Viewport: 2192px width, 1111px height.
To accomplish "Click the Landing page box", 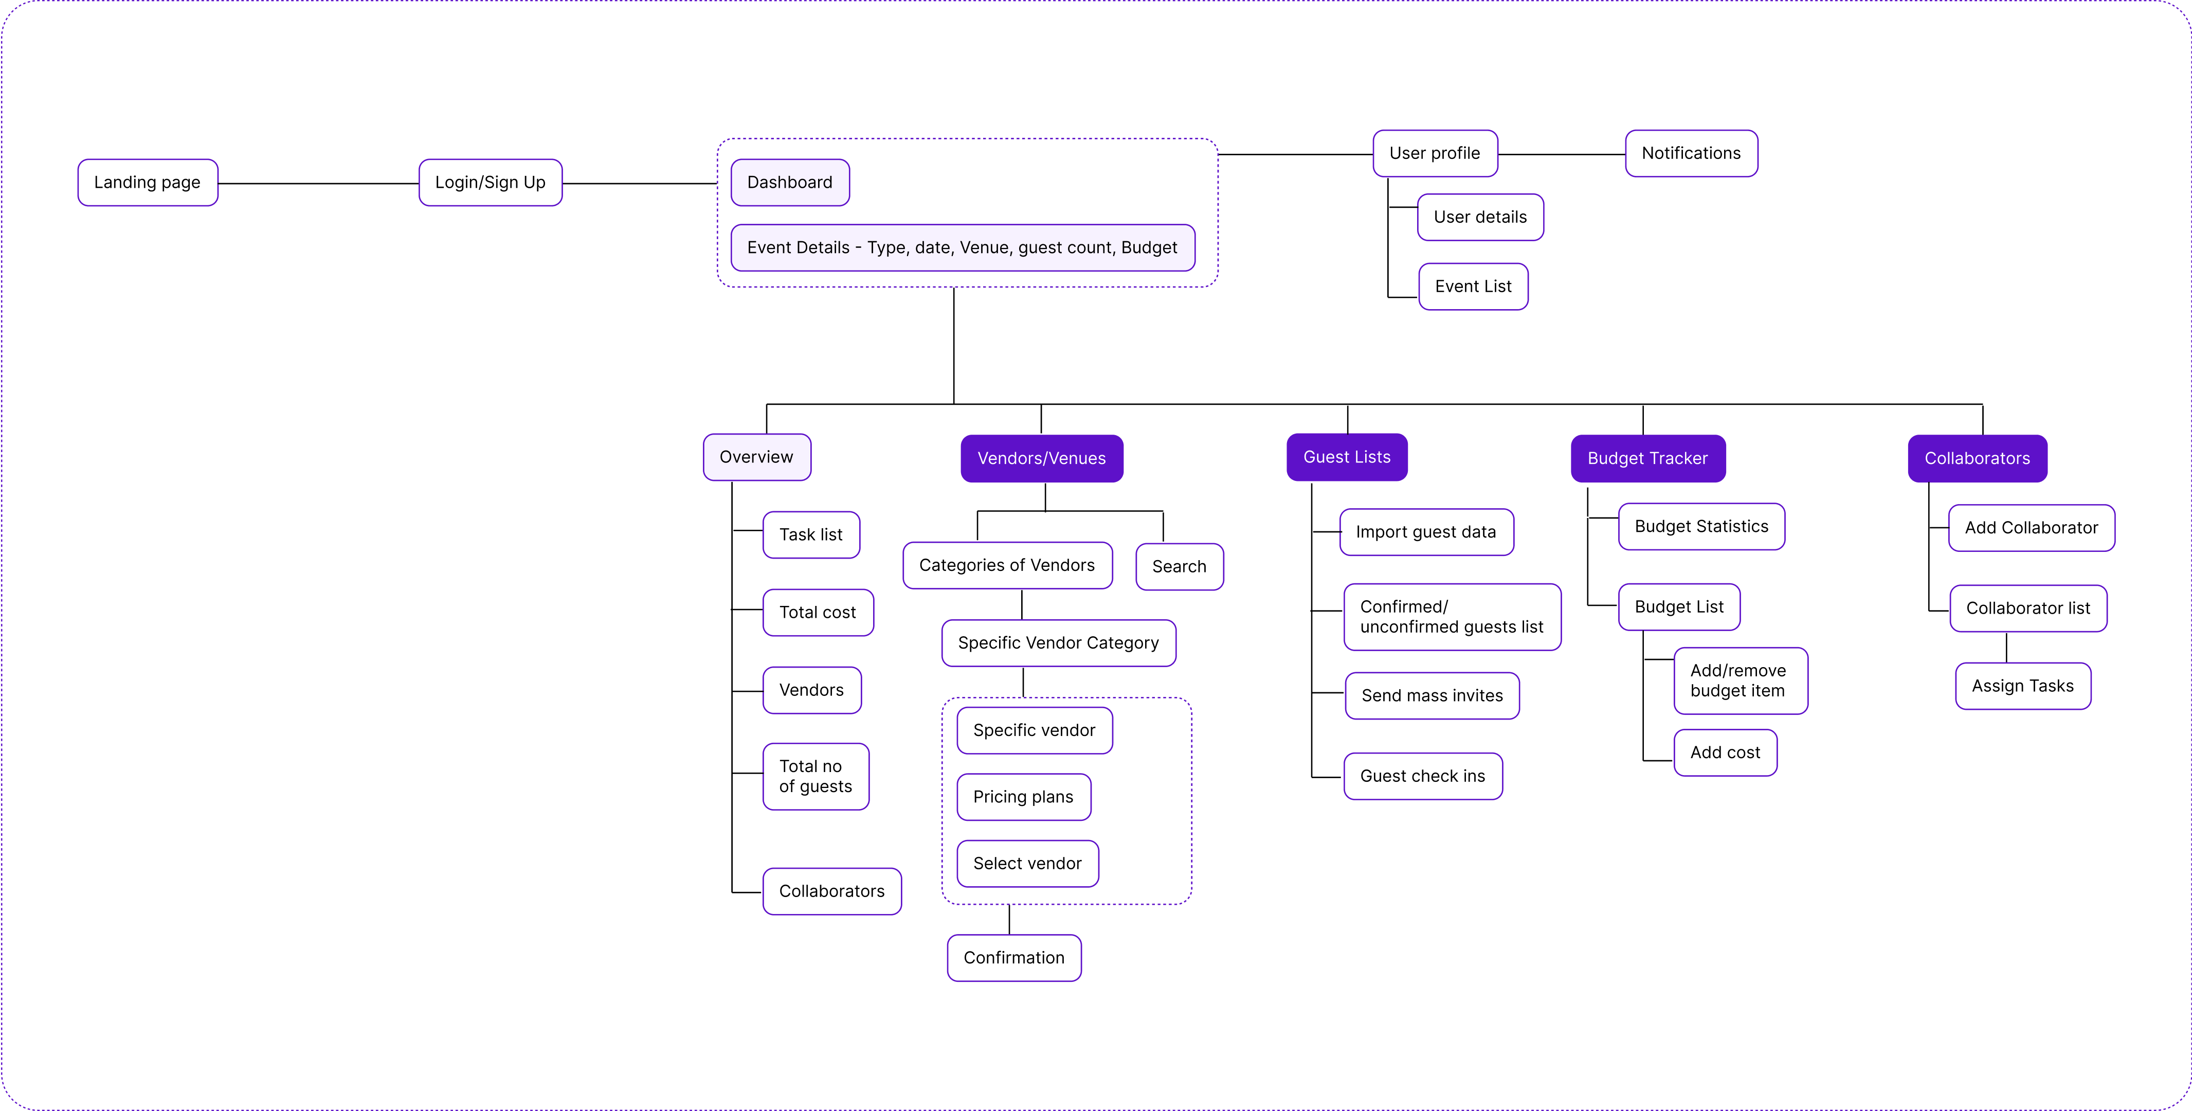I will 147,182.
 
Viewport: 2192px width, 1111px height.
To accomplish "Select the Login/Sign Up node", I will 490,182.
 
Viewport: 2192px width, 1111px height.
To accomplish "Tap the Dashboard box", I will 790,182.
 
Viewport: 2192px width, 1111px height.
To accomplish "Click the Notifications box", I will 1691,153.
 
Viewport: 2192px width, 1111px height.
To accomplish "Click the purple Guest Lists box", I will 1347,457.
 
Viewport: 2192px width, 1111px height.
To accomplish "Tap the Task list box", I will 811,534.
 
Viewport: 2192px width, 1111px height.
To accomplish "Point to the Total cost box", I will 818,612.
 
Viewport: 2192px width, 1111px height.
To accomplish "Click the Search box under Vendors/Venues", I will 1180,567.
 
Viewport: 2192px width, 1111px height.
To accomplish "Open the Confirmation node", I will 1013,958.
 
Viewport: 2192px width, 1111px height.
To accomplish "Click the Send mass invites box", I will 1432,695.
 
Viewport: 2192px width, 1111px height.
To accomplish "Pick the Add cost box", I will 1725,752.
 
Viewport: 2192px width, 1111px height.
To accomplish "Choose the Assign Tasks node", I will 2023,686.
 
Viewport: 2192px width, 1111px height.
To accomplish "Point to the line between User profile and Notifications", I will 1562,154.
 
